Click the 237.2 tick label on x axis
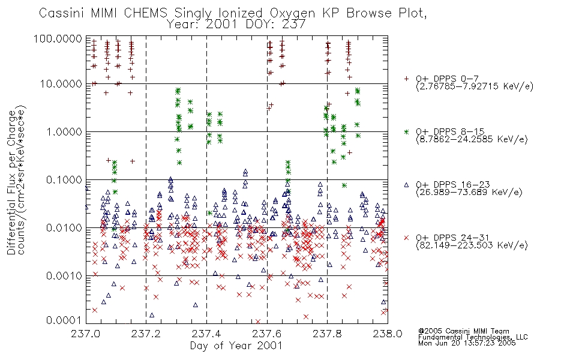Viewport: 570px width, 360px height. [146, 334]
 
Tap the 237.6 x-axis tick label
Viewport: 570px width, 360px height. [267, 334]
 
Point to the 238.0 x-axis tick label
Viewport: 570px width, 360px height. [388, 334]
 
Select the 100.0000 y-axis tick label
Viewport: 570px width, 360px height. [58, 38]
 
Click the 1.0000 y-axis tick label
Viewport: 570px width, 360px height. [64, 131]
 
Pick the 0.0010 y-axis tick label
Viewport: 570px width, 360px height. [64, 275]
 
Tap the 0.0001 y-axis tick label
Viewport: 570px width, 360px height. [64, 320]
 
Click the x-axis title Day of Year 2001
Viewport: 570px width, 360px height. [236, 346]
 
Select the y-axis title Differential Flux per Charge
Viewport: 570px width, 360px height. [12, 182]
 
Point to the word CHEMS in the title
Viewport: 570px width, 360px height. [146, 13]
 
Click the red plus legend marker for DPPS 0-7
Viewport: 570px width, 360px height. [406, 79]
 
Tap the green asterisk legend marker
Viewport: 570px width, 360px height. [406, 131]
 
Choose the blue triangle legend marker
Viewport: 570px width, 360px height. [406, 185]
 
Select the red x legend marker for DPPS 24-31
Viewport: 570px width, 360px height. [406, 238]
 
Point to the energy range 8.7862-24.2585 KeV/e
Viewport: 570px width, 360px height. [472, 139]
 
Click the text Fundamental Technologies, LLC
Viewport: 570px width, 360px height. [473, 337]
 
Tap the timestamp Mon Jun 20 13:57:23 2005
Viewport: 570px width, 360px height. [467, 343]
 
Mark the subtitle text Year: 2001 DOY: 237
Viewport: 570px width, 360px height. [236, 25]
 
